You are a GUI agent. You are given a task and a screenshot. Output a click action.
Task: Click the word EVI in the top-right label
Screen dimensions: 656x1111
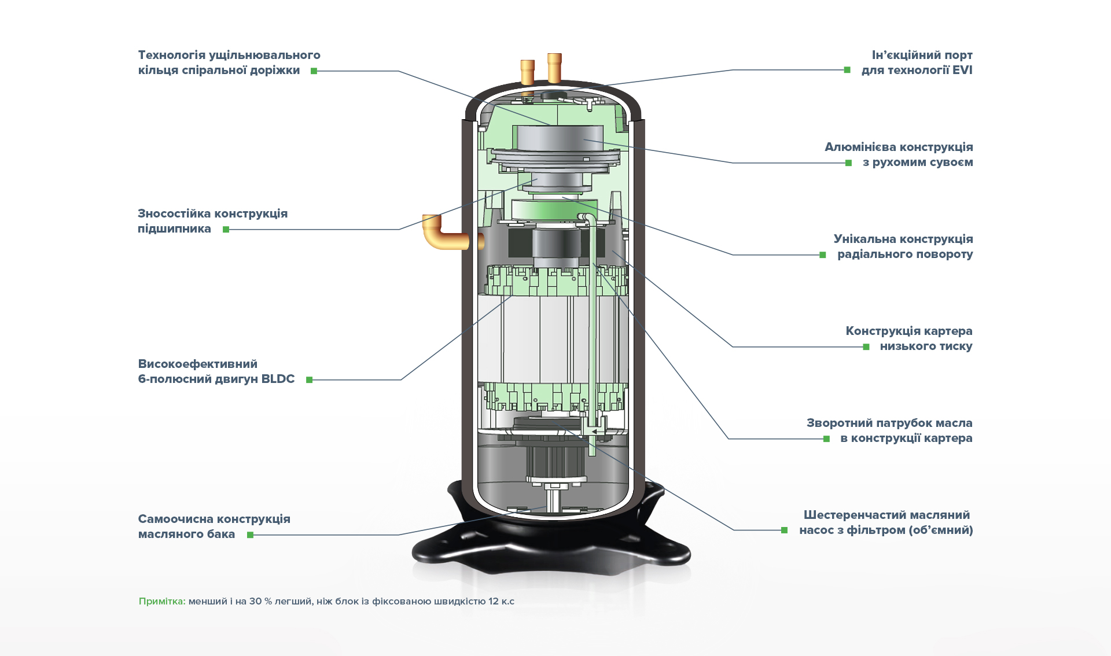click(x=962, y=71)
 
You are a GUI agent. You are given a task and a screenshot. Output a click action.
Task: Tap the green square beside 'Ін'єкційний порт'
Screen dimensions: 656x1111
click(x=847, y=70)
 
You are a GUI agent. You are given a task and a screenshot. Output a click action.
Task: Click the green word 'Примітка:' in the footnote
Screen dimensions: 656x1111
click(x=162, y=602)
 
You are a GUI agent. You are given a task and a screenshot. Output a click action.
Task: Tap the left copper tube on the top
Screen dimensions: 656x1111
click(x=527, y=72)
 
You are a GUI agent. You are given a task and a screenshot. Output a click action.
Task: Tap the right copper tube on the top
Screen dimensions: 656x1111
click(x=554, y=68)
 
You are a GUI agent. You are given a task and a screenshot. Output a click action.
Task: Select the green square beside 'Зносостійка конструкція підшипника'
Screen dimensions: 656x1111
click(x=226, y=230)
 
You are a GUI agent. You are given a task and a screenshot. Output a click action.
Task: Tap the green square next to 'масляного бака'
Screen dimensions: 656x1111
click(x=251, y=535)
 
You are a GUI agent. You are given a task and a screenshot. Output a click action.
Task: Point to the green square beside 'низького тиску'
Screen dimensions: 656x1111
click(x=866, y=347)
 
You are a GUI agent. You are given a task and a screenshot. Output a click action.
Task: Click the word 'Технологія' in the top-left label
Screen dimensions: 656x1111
click(x=171, y=56)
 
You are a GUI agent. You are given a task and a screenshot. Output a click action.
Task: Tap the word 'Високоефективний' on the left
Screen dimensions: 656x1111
click(x=197, y=364)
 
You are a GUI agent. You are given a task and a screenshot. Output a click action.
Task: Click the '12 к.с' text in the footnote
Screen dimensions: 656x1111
click(x=501, y=602)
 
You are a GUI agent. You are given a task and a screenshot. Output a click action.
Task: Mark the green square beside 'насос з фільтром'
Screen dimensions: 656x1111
click(x=785, y=530)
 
